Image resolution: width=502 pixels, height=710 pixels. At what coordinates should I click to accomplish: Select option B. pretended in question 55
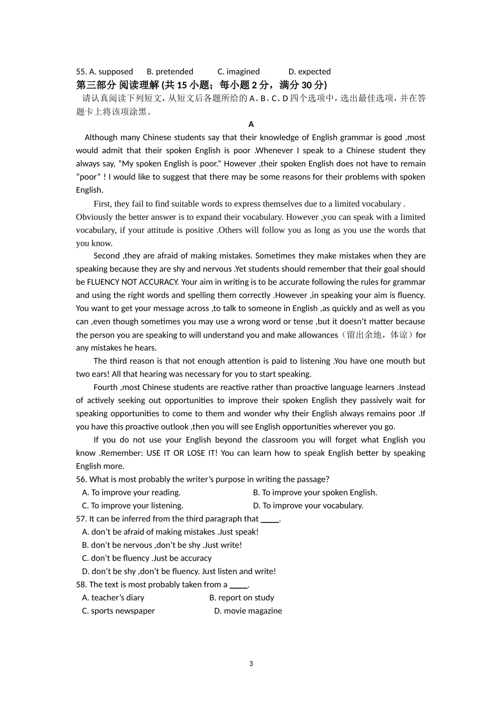click(170, 71)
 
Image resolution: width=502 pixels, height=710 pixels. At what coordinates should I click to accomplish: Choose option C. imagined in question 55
click(238, 71)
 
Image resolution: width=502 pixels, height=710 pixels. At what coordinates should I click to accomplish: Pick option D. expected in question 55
click(309, 71)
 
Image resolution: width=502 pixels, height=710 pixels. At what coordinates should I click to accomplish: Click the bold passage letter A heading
click(251, 124)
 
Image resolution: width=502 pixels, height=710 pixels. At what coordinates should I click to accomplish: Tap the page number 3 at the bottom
click(251, 664)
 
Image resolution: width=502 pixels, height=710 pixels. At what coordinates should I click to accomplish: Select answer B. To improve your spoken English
click(315, 492)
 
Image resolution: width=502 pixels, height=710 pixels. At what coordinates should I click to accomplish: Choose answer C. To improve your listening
click(132, 506)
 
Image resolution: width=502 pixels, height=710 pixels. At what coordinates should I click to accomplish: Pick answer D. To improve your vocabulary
click(308, 506)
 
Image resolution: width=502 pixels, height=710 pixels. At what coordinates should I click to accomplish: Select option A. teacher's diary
click(113, 597)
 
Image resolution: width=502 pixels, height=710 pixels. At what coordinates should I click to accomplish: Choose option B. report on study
click(241, 597)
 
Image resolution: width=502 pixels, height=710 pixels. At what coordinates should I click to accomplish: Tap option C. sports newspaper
click(118, 611)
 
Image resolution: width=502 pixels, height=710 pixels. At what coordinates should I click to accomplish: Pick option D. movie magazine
click(248, 611)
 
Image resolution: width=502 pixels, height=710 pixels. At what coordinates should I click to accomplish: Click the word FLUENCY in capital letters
click(103, 282)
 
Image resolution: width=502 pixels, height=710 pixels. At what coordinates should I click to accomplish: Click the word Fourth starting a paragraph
click(106, 387)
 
